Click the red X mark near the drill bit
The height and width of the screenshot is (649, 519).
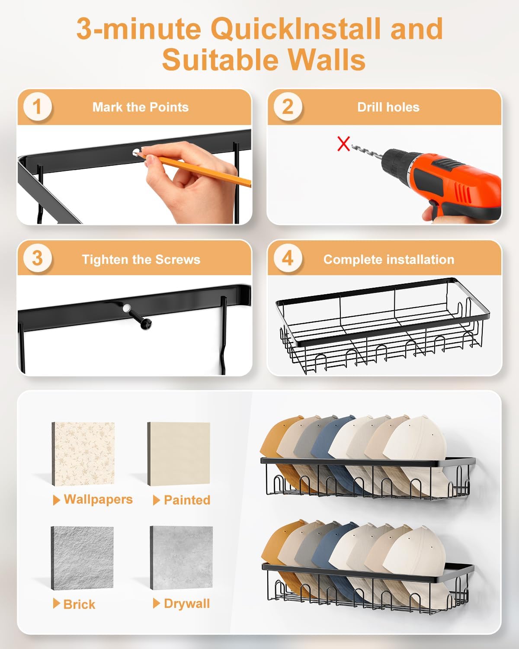tap(343, 144)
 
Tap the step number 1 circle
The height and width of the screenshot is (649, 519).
tap(38, 107)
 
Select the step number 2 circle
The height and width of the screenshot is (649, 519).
tap(288, 107)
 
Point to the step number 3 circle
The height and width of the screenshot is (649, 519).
tap(38, 258)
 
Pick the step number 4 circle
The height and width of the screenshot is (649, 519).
tap(288, 258)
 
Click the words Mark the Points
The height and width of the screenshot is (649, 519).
tap(141, 107)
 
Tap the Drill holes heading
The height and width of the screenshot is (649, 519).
tap(388, 107)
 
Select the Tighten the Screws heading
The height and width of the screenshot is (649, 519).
tap(141, 259)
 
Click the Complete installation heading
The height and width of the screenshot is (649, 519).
tap(389, 259)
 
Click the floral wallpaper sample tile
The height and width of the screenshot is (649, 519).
tap(83, 454)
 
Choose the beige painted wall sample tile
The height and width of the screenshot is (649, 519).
tap(179, 453)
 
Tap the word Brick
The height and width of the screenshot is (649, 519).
tap(79, 604)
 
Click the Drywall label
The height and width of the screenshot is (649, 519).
tap(187, 604)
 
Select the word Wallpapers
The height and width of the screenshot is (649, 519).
tap(98, 500)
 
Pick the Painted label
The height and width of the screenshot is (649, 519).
tap(187, 500)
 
